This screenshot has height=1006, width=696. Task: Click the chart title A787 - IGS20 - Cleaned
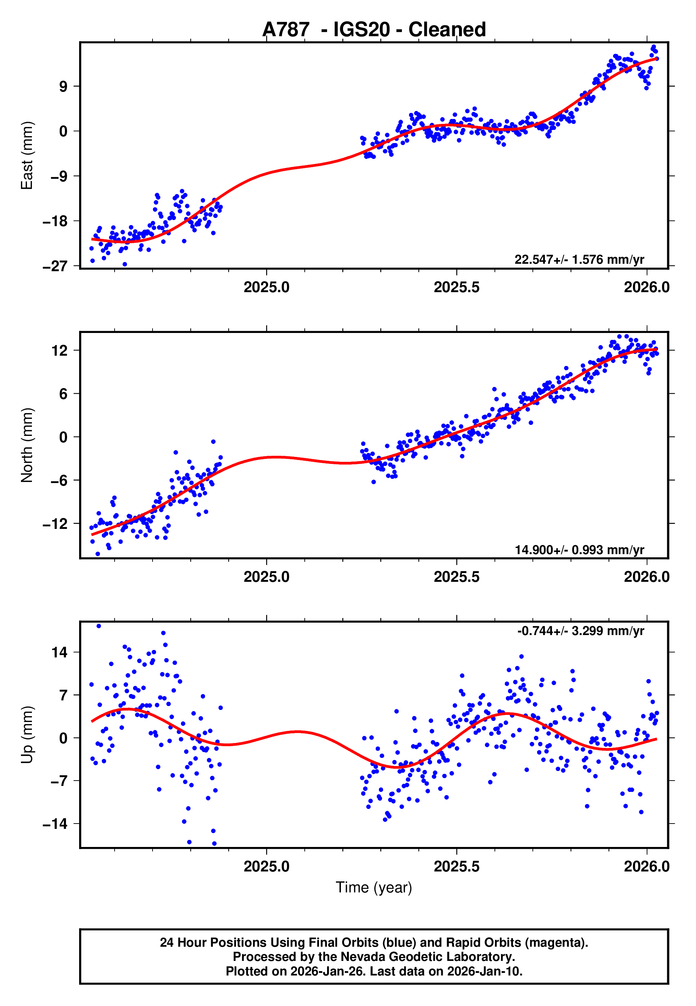pyautogui.click(x=374, y=30)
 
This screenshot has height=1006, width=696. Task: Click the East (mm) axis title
pyautogui.click(x=27, y=155)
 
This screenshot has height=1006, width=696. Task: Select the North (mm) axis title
pyautogui.click(x=27, y=445)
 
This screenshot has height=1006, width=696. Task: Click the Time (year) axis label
pyautogui.click(x=374, y=887)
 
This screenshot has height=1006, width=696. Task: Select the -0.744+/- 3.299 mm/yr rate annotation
pyautogui.click(x=580, y=631)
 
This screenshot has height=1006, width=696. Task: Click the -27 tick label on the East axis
pyautogui.click(x=55, y=266)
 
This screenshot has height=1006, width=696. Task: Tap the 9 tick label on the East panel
pyautogui.click(x=63, y=86)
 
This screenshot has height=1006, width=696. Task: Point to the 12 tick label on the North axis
pyautogui.click(x=59, y=350)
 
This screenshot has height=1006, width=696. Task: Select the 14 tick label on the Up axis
pyautogui.click(x=59, y=653)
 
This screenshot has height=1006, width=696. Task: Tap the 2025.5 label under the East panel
pyautogui.click(x=456, y=288)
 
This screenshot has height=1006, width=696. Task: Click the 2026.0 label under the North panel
pyautogui.click(x=646, y=577)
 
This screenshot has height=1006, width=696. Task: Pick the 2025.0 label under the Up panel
pyautogui.click(x=266, y=866)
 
